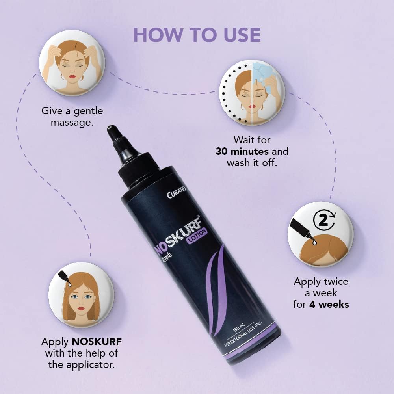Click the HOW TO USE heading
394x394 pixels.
click(x=197, y=35)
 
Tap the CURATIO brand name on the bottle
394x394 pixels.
click(x=176, y=192)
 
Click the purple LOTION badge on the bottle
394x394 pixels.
click(x=197, y=236)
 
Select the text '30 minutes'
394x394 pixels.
click(x=242, y=152)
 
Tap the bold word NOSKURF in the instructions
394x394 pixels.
click(x=97, y=342)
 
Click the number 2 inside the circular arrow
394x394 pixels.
click(x=323, y=220)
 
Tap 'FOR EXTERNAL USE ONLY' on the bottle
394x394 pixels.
click(x=243, y=334)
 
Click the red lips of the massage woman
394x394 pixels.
click(x=72, y=76)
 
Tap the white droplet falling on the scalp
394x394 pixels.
click(x=314, y=242)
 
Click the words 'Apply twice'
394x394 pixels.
click(x=321, y=282)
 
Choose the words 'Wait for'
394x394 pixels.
click(x=252, y=140)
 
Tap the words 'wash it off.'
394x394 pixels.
click(x=252, y=163)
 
